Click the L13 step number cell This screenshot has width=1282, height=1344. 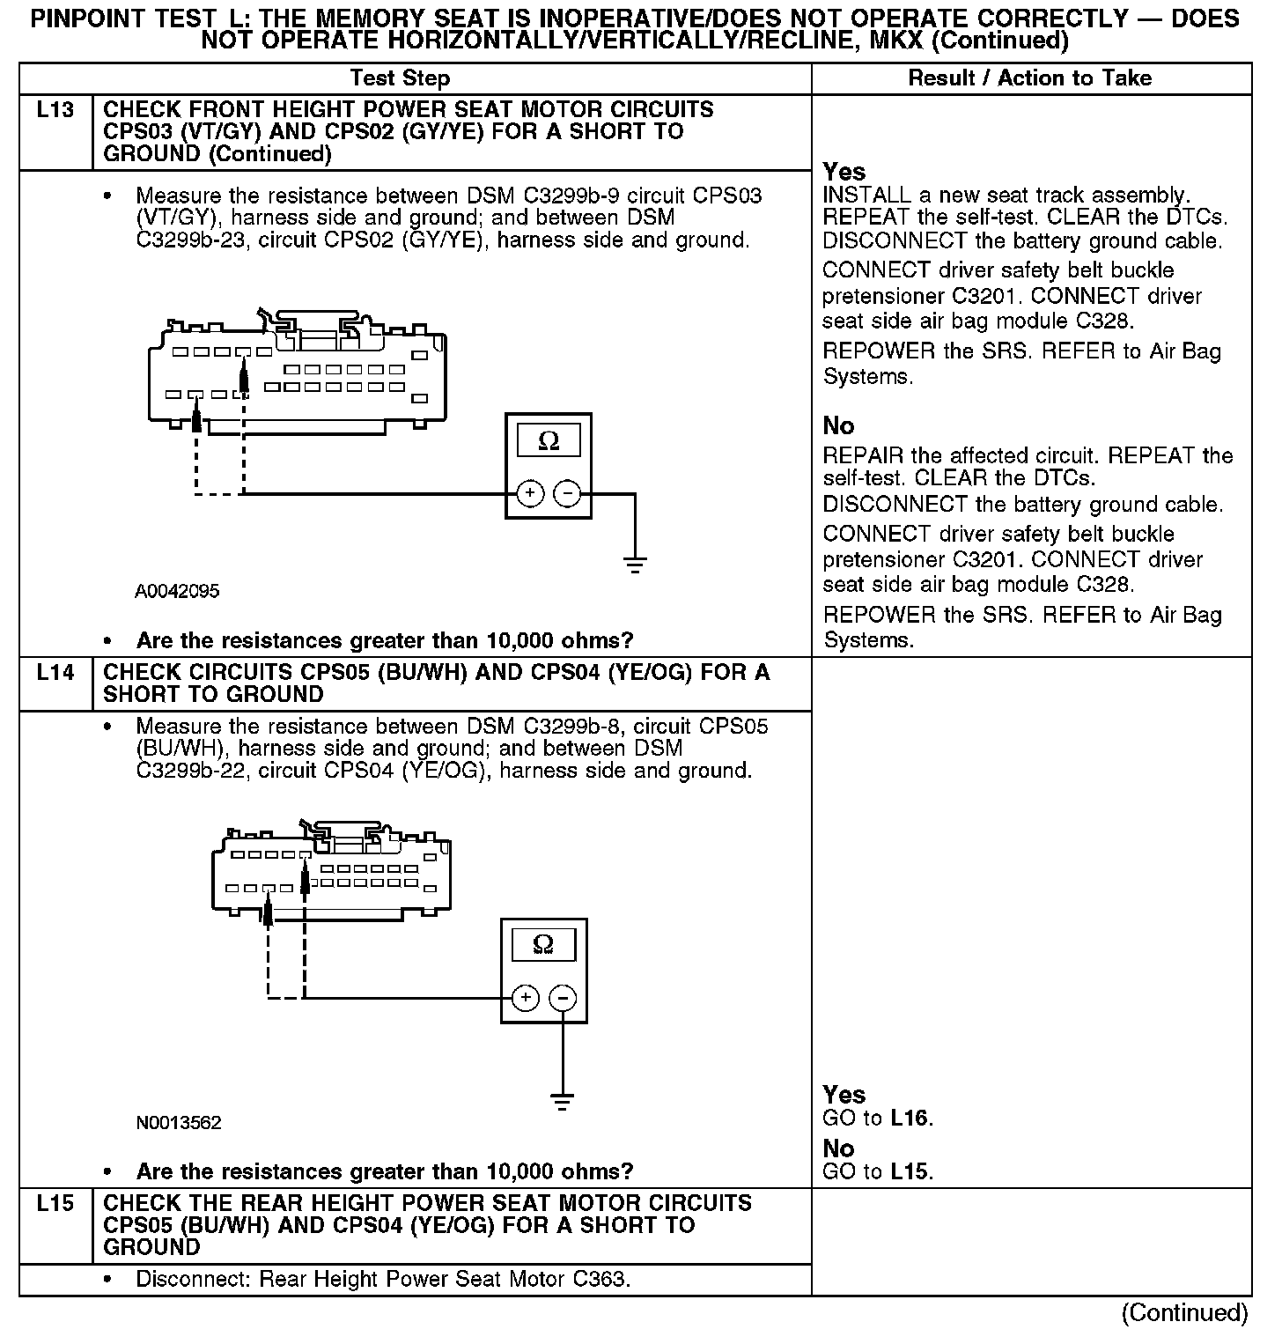pos(55,111)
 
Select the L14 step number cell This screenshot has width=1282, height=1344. pos(55,673)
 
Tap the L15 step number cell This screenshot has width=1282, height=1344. pos(55,1204)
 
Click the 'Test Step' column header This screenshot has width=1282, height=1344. pos(400,78)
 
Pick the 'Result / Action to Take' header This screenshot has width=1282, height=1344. pos(1029,78)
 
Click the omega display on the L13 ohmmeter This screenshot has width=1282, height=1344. pos(548,440)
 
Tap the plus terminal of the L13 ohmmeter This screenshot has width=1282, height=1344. pos(529,493)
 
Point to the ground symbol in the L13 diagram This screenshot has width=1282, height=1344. pos(634,564)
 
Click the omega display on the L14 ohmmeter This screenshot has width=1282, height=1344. pos(543,945)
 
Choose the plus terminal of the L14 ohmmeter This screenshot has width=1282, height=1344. pos(525,997)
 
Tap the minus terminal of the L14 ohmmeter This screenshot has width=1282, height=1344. pos(563,997)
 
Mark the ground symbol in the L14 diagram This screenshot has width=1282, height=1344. pos(562,1101)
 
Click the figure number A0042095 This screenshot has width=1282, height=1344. pos(177,591)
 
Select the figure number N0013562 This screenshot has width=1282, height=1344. pos(179,1123)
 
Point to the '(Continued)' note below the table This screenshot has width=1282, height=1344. pos(1184,1313)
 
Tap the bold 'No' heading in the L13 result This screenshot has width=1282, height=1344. pos(838,426)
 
